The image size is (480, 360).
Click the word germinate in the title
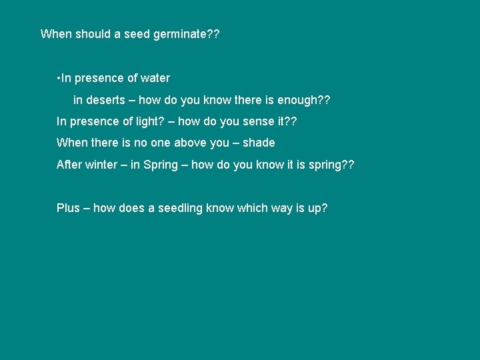tap(180, 34)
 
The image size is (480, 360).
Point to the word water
tap(155, 78)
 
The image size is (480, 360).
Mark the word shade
tap(259, 143)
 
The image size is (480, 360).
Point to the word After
tap(69, 164)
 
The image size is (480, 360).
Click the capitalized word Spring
tap(161, 165)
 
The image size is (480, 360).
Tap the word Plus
tap(68, 208)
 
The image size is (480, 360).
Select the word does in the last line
tap(131, 208)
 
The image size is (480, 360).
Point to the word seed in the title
tap(137, 34)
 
